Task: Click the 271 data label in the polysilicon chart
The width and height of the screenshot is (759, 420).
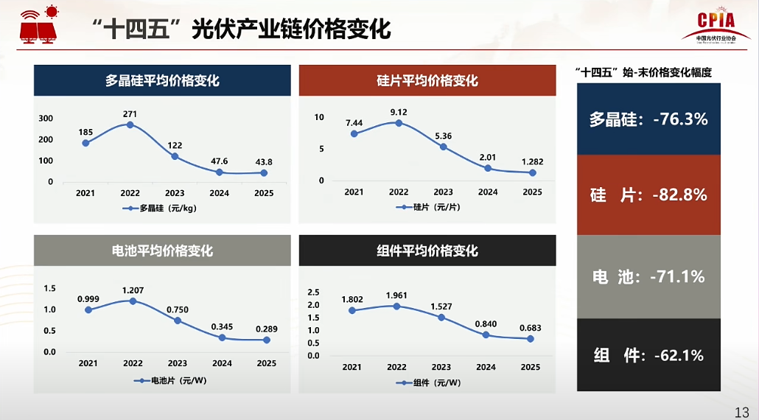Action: point(130,114)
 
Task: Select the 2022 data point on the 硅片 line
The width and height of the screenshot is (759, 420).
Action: point(399,123)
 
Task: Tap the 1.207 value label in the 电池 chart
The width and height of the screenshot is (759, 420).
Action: point(133,290)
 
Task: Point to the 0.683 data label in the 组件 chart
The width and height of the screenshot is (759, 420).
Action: point(530,328)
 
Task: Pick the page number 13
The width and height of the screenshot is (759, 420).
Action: point(741,411)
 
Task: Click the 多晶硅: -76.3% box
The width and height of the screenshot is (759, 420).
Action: point(648,119)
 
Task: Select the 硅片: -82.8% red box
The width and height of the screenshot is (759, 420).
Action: point(648,195)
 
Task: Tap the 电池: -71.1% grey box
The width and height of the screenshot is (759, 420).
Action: point(648,276)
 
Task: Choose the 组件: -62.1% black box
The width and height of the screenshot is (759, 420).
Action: point(648,355)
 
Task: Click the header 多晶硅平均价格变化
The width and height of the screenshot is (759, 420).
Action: point(162,80)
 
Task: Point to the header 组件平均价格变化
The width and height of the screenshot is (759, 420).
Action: point(427,251)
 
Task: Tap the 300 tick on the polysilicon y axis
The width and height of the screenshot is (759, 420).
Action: point(46,119)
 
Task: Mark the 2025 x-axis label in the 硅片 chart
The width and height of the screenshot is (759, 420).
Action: point(531,192)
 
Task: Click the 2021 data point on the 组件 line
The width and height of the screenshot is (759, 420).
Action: point(352,310)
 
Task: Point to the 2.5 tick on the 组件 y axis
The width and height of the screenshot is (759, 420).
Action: point(313,293)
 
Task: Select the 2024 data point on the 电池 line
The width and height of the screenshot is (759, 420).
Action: point(222,337)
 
